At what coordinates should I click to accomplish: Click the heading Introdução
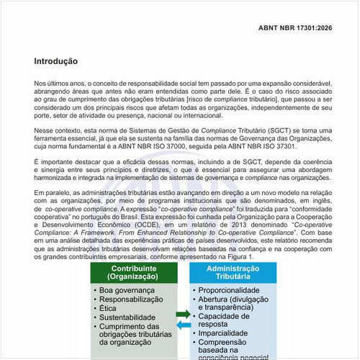55,62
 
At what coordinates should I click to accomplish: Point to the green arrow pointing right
183,314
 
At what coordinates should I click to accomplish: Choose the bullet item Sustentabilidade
127,318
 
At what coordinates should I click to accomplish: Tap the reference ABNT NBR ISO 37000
173,147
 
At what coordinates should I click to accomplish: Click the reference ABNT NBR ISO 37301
276,147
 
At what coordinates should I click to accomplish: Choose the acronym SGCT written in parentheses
272,130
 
